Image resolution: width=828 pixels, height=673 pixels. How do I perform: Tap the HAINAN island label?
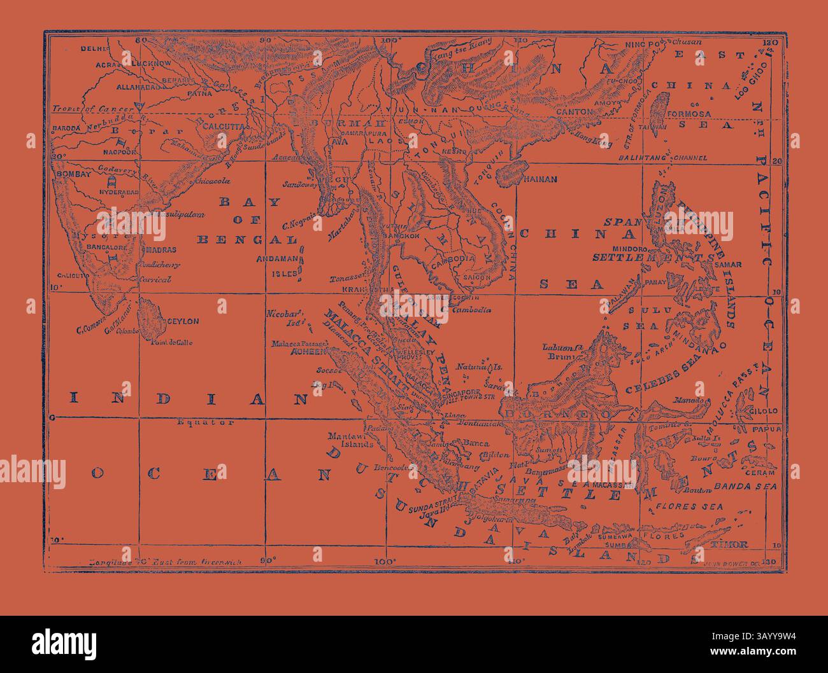pyautogui.click(x=539, y=179)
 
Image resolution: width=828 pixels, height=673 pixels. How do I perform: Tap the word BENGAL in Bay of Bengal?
pyautogui.click(x=248, y=240)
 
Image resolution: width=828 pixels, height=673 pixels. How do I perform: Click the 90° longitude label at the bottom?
pyautogui.click(x=268, y=560)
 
